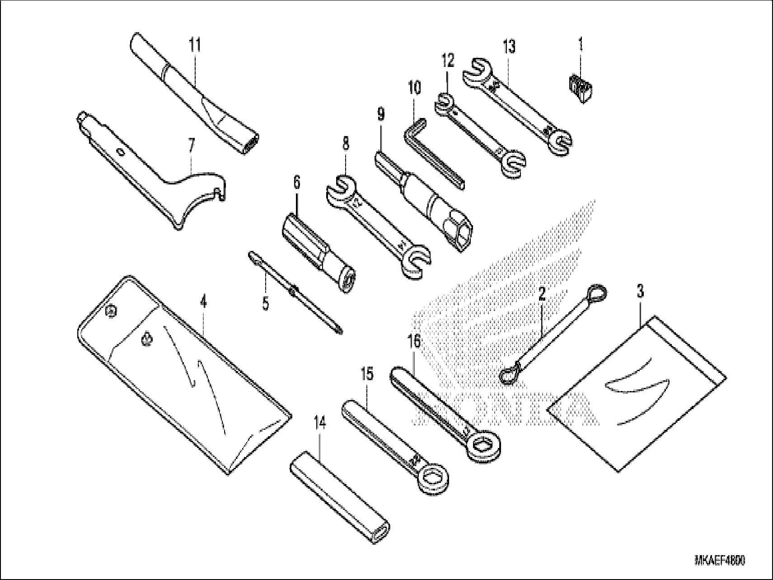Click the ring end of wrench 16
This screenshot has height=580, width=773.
point(483,445)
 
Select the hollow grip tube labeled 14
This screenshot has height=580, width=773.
point(339,497)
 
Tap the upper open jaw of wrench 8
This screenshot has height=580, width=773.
point(341,188)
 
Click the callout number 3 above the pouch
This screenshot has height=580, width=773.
point(641,292)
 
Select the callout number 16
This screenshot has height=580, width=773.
point(413,341)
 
